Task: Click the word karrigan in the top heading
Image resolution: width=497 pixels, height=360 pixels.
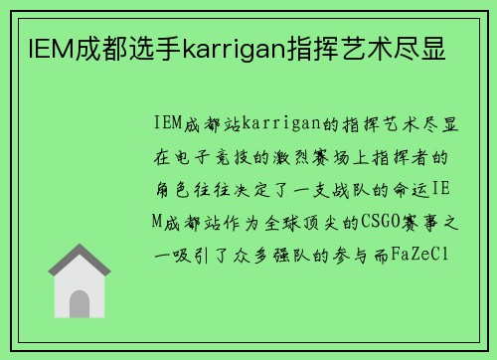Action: tap(227, 46)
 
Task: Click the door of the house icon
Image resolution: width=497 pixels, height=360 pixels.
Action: tap(80, 302)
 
